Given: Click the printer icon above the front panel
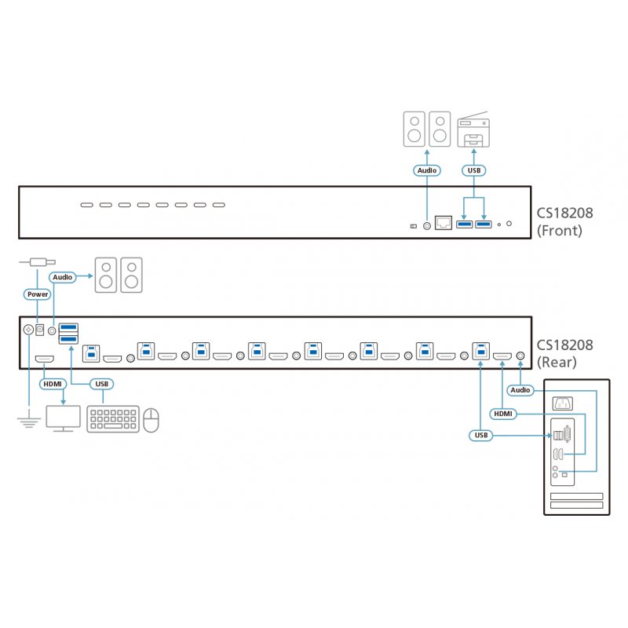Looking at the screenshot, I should [473, 130].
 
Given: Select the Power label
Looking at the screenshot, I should [37, 295].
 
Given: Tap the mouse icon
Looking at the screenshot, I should [152, 420].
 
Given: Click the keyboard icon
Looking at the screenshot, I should [113, 419].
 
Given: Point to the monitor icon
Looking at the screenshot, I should [63, 418].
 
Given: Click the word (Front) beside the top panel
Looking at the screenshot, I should [560, 231].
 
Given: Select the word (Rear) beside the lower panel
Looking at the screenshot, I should [557, 362].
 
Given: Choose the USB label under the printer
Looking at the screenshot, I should [473, 170].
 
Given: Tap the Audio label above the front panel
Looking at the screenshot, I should [427, 170].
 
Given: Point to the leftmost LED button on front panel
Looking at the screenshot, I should [85, 206].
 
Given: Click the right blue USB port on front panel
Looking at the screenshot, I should [483, 226].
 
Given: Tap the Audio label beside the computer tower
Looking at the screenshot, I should [520, 390].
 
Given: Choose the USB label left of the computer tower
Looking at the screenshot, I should [480, 435].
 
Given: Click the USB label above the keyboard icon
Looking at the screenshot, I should [100, 384].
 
